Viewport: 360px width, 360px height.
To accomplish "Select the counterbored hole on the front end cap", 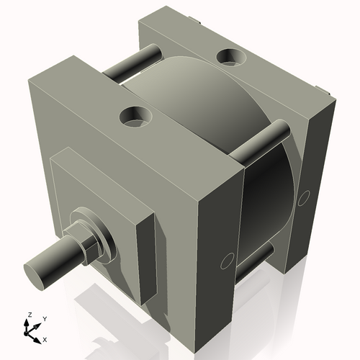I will [x=135, y=115].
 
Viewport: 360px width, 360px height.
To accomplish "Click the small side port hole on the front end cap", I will [x=227, y=260].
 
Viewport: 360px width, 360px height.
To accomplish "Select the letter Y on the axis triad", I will [x=44, y=318].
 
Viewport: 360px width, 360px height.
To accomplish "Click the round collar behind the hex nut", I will [x=101, y=238].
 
